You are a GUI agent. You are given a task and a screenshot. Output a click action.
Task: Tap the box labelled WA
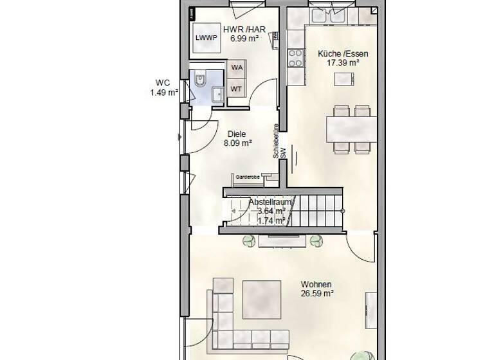pyautogui.click(x=237, y=67)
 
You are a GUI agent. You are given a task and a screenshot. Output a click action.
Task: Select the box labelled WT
pyautogui.click(x=237, y=89)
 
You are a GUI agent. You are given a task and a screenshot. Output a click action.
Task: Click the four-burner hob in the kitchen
pyautogui.click(x=296, y=58)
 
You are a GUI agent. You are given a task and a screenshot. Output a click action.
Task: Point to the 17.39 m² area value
pyautogui.click(x=338, y=63)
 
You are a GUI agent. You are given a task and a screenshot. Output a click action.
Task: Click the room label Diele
pyautogui.click(x=237, y=134)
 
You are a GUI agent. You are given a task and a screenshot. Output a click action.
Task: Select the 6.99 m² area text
pyautogui.click(x=244, y=38)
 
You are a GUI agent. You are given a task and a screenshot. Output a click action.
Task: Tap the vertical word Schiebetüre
pyautogui.click(x=275, y=141)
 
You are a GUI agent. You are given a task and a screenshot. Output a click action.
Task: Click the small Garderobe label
pyautogui.click(x=246, y=175)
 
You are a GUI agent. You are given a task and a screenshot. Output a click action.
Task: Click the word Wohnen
pyautogui.click(x=316, y=284)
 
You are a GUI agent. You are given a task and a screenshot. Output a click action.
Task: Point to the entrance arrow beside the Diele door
pyautogui.click(x=179, y=136)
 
